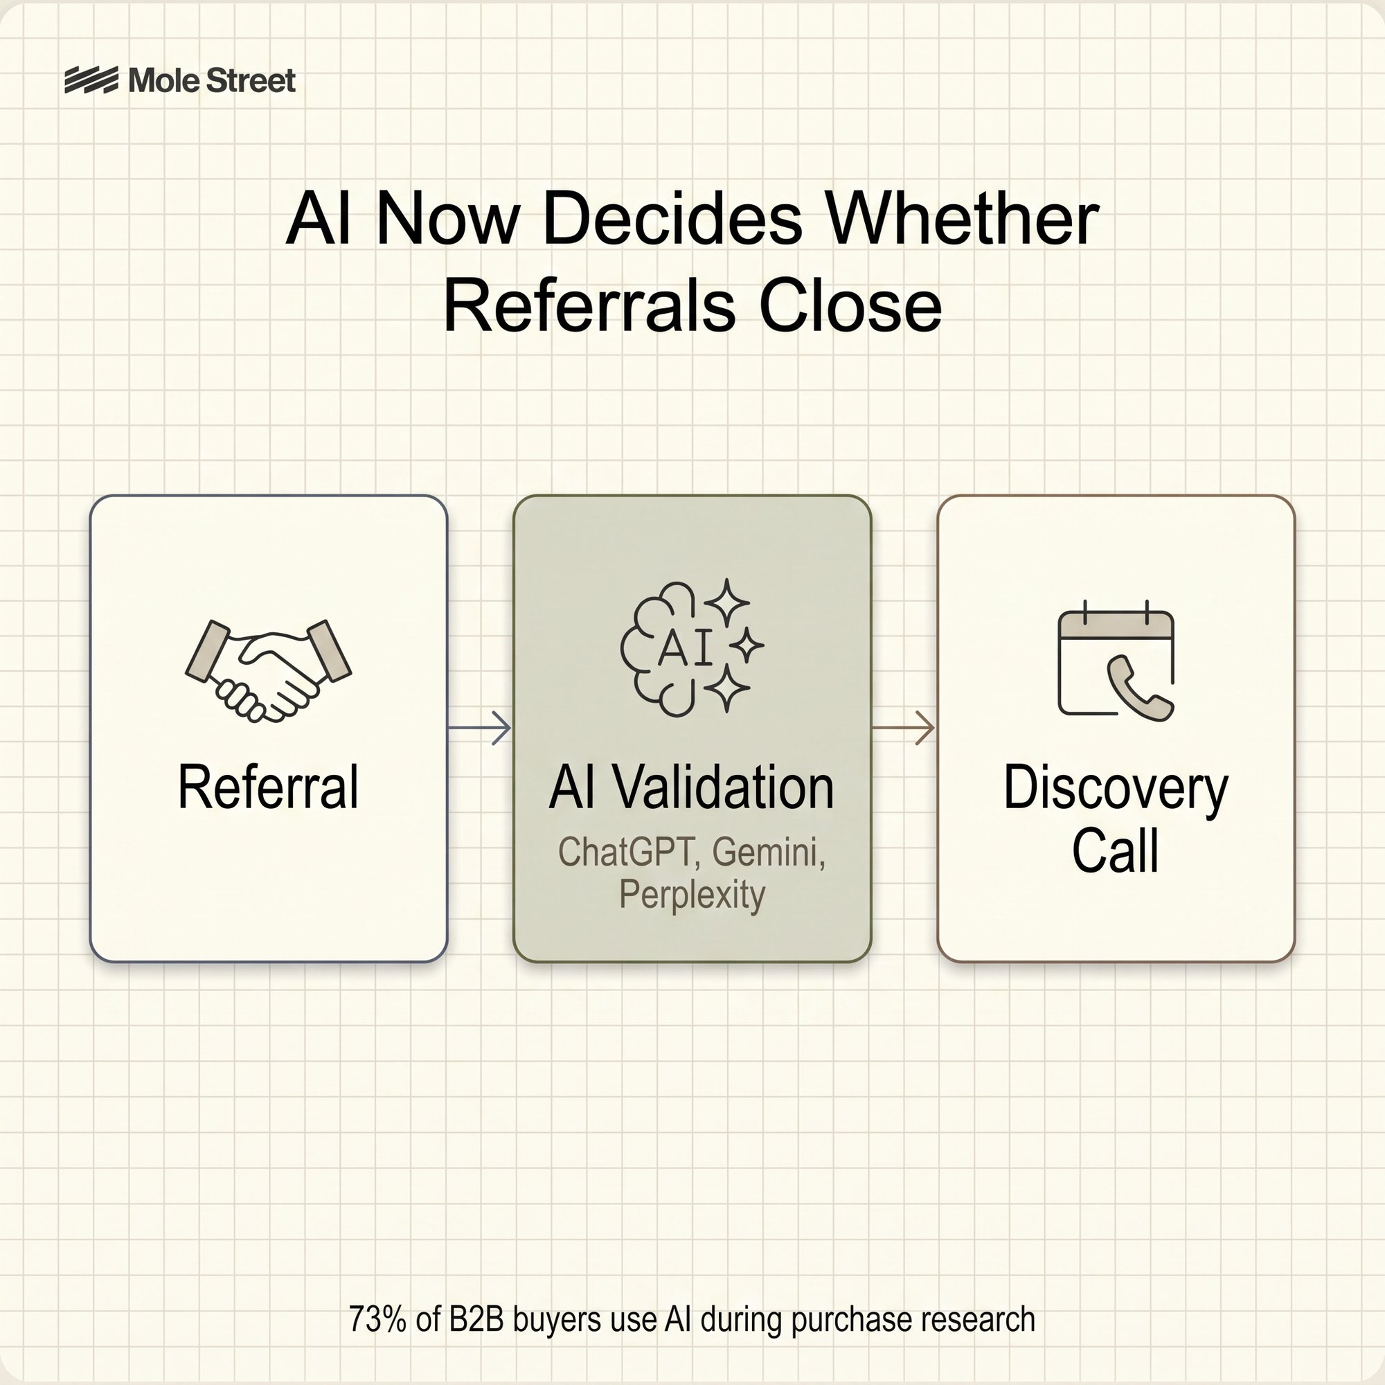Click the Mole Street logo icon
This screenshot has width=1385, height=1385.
tap(91, 80)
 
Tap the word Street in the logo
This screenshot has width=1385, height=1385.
tap(250, 80)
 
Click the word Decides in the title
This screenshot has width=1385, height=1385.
tap(672, 220)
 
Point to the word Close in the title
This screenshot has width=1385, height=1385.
tap(850, 307)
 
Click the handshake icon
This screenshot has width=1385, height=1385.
tap(268, 670)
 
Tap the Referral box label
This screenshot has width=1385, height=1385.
tap(268, 787)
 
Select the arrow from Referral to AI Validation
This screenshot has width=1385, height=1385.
tap(480, 728)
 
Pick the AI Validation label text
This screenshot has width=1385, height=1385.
tap(692, 787)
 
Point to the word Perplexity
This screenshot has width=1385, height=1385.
tap(692, 895)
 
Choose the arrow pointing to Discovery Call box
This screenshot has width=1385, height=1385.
tap(903, 728)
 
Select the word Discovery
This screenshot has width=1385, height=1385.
tap(1116, 787)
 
